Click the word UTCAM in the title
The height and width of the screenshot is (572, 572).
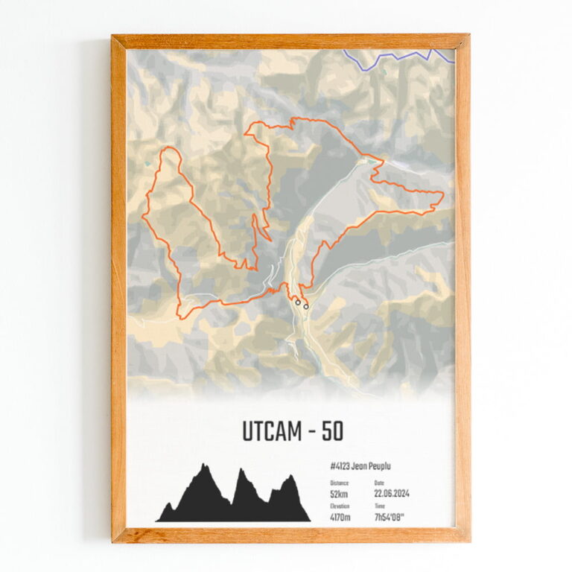(x=269, y=431)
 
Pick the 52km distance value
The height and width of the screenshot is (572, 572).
(x=339, y=493)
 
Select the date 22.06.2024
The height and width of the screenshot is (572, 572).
(x=392, y=493)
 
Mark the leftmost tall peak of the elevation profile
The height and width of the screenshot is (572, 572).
(x=203, y=468)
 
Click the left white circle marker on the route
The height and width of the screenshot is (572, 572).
(x=297, y=302)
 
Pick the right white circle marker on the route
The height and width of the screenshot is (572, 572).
(x=305, y=305)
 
